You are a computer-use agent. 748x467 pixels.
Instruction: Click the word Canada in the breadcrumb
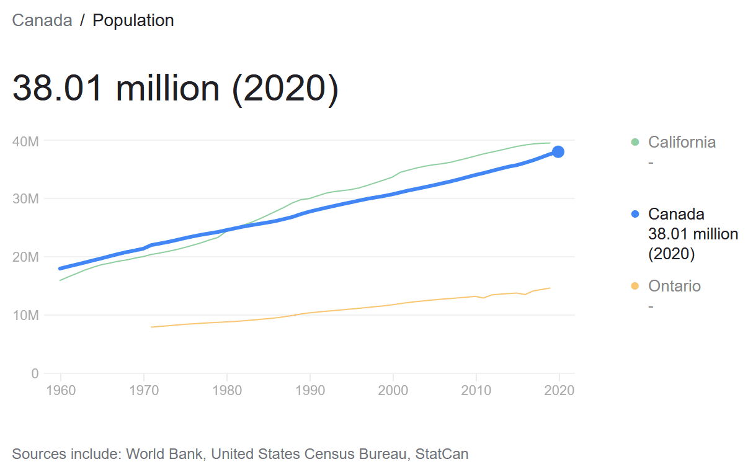tap(42, 20)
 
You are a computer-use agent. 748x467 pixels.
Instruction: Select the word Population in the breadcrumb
tap(133, 20)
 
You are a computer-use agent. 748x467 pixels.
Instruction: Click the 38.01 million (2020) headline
tap(176, 87)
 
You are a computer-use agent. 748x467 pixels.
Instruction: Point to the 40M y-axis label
tap(25, 141)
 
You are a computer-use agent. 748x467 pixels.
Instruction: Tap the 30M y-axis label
tap(25, 199)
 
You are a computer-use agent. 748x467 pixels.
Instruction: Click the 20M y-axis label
tap(25, 257)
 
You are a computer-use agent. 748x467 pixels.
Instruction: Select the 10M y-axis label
tap(25, 315)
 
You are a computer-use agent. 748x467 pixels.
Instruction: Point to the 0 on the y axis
tap(35, 373)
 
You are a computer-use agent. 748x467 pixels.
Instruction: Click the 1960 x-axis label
tap(61, 391)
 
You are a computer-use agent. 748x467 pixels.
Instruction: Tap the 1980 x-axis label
tap(227, 391)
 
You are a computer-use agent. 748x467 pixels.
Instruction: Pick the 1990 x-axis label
tap(309, 391)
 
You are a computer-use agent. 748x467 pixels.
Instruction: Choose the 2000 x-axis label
tap(393, 391)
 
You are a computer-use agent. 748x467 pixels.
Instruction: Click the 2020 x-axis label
tap(559, 391)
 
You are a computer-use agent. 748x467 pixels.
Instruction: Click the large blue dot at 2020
tap(558, 152)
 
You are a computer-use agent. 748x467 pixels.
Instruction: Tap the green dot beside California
tap(634, 142)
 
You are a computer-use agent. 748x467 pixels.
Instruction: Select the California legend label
tap(682, 142)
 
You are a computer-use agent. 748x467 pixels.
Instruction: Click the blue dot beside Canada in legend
tap(634, 214)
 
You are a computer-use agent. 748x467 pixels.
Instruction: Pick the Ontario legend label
tap(674, 286)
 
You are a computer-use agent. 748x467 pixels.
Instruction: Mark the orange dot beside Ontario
tap(634, 286)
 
